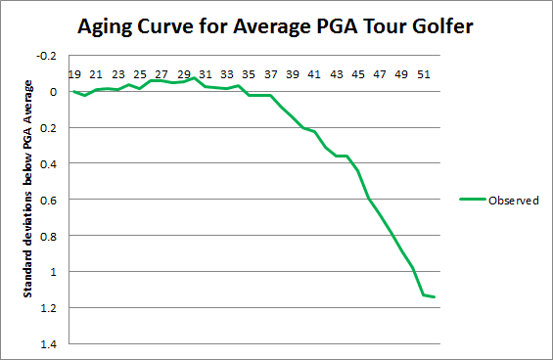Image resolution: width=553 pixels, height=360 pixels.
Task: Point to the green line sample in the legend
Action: point(474,200)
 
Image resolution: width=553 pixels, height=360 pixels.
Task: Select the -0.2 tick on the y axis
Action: point(48,56)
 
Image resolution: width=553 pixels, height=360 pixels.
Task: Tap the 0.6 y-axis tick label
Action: point(50,200)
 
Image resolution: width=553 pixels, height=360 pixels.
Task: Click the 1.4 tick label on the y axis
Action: point(50,343)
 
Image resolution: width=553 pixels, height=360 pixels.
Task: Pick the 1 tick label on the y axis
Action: point(54,272)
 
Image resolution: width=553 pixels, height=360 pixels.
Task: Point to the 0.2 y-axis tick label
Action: point(50,128)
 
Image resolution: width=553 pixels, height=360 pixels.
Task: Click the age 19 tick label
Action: point(74,73)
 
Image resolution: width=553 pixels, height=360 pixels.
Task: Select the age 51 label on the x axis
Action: point(422,73)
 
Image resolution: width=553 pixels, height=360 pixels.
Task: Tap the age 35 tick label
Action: point(249,73)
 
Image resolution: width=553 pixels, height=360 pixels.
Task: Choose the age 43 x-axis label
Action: point(336,73)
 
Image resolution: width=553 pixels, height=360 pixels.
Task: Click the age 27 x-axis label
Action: point(161,73)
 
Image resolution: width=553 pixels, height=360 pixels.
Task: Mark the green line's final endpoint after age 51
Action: point(434,296)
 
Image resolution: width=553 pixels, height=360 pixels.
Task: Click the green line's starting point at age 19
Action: point(74,91)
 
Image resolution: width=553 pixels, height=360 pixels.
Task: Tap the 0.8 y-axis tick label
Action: point(50,236)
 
